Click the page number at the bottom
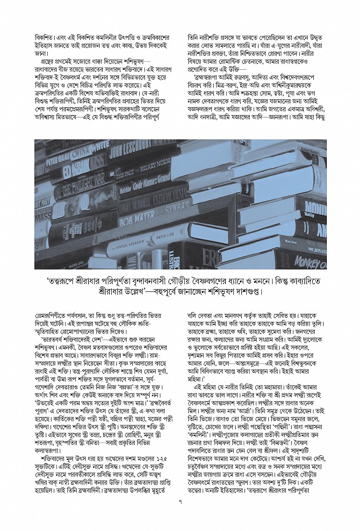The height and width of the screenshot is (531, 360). [180, 502]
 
